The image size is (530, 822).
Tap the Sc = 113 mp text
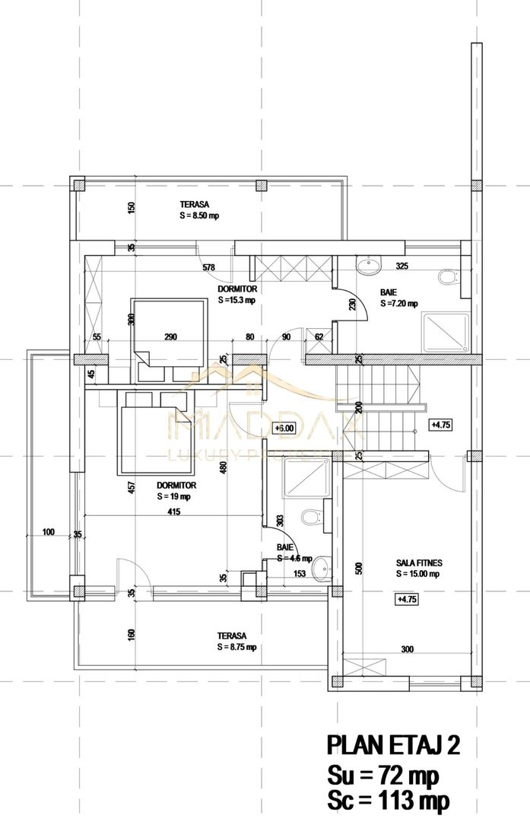click(388, 801)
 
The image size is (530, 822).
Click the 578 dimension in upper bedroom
click(208, 268)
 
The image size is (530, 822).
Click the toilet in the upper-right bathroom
click(449, 277)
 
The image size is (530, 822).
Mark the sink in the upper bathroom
click(369, 266)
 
